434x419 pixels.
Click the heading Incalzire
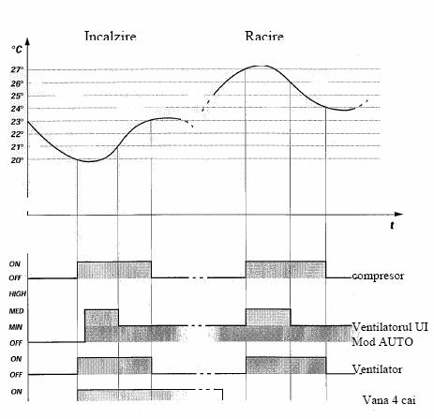(111, 36)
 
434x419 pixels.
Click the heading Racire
(264, 36)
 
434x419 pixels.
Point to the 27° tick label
(17, 69)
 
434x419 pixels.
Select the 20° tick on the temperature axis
(17, 160)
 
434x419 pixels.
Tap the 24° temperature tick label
(17, 109)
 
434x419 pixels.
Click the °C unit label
(17, 49)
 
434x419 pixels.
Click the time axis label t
(392, 225)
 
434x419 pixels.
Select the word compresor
(378, 276)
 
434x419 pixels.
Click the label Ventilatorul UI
(390, 327)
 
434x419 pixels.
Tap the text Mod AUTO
(382, 341)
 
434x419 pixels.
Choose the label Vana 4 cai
(389, 399)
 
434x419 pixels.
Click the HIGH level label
(18, 294)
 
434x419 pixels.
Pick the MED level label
(16, 311)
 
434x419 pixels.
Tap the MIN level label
(16, 327)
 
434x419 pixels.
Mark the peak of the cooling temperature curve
(261, 66)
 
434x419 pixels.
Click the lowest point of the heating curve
(88, 161)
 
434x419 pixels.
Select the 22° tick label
(17, 134)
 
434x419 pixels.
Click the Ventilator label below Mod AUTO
(377, 369)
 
